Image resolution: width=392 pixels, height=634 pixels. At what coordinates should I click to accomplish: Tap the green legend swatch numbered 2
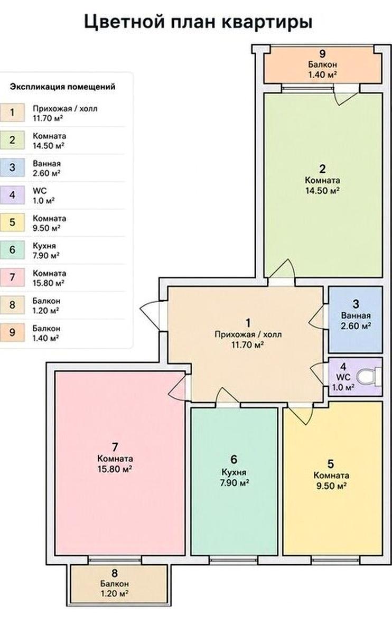12,140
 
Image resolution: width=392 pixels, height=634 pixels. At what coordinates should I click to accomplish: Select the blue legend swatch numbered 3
12,167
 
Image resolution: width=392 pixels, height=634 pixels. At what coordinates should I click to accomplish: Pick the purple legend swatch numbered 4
12,195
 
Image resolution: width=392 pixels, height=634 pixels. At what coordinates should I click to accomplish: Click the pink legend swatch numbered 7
12,277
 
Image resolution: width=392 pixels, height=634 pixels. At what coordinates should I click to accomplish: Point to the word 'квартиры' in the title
267,22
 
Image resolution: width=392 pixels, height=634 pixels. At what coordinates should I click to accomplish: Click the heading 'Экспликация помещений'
62,87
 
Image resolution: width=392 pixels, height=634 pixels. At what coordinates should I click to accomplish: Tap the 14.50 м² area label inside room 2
322,191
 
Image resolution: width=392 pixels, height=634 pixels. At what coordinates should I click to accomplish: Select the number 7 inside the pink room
115,447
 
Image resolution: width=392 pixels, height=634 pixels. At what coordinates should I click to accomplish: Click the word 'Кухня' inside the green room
234,472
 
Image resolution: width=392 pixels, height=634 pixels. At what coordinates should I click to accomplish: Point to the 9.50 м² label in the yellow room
331,486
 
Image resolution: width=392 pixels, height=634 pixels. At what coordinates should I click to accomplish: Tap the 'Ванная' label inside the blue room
356,315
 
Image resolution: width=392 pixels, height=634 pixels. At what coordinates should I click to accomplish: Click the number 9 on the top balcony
322,53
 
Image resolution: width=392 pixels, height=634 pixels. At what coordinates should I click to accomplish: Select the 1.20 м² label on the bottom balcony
114,593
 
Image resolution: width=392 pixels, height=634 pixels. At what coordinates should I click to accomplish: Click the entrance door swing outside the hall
150,315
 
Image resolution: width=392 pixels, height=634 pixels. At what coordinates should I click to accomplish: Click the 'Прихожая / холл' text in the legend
65,109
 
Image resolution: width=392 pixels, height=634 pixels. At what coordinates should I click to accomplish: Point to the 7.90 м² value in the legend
46,256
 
